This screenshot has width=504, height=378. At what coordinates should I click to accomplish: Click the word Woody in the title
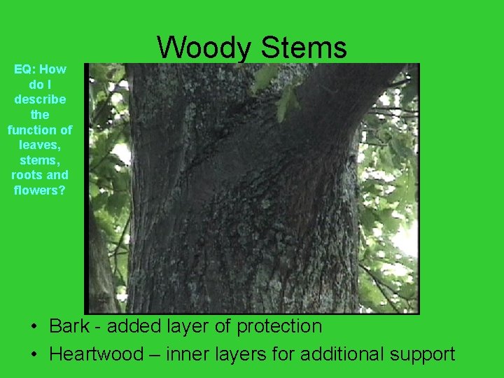point(204,48)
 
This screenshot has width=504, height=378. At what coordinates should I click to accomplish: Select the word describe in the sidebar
point(40,99)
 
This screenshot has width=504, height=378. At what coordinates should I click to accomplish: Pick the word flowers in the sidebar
point(40,190)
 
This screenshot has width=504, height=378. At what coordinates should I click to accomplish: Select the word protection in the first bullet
point(279,327)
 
